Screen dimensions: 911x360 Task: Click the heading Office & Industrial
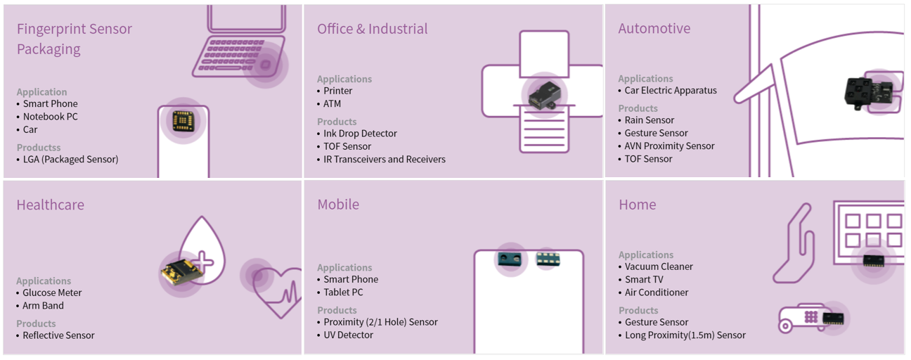[372, 29]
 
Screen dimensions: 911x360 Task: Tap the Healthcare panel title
[50, 205]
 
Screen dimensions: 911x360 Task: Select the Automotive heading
[654, 29]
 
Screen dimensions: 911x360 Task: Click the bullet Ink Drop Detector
[360, 134]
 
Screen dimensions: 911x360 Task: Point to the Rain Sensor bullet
[649, 120]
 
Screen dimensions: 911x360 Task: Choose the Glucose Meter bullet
[52, 292]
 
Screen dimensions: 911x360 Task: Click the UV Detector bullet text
[348, 335]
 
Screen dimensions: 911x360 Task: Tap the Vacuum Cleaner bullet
[659, 266]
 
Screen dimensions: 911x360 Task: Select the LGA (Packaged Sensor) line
[70, 159]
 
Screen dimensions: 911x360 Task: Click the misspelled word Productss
[39, 148]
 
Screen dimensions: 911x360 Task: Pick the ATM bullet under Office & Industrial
[332, 103]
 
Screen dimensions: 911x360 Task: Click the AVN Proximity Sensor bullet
[669, 146]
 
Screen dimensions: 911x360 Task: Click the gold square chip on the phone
[183, 121]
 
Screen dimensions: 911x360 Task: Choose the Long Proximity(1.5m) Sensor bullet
[685, 335]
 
